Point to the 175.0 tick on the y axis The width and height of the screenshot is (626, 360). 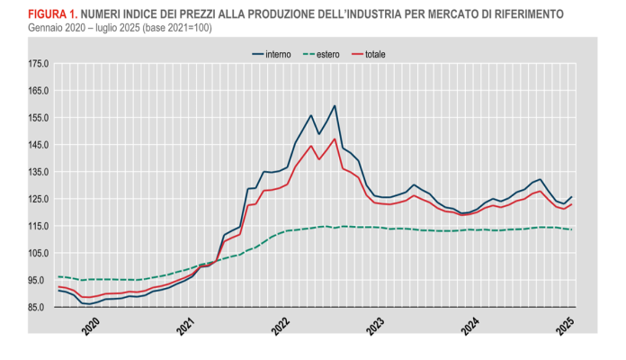pyautogui.click(x=38, y=64)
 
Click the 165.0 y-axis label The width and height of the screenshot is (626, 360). pyautogui.click(x=38, y=91)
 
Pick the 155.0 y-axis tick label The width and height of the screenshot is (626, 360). pyautogui.click(x=38, y=118)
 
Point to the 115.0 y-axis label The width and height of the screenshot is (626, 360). pyautogui.click(x=38, y=226)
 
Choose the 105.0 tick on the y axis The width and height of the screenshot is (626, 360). pyautogui.click(x=38, y=253)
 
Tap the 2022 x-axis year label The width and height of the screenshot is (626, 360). pyautogui.click(x=282, y=325)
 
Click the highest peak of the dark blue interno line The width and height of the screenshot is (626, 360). pyautogui.click(x=335, y=105)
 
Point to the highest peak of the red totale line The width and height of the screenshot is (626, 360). pyautogui.click(x=335, y=139)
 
